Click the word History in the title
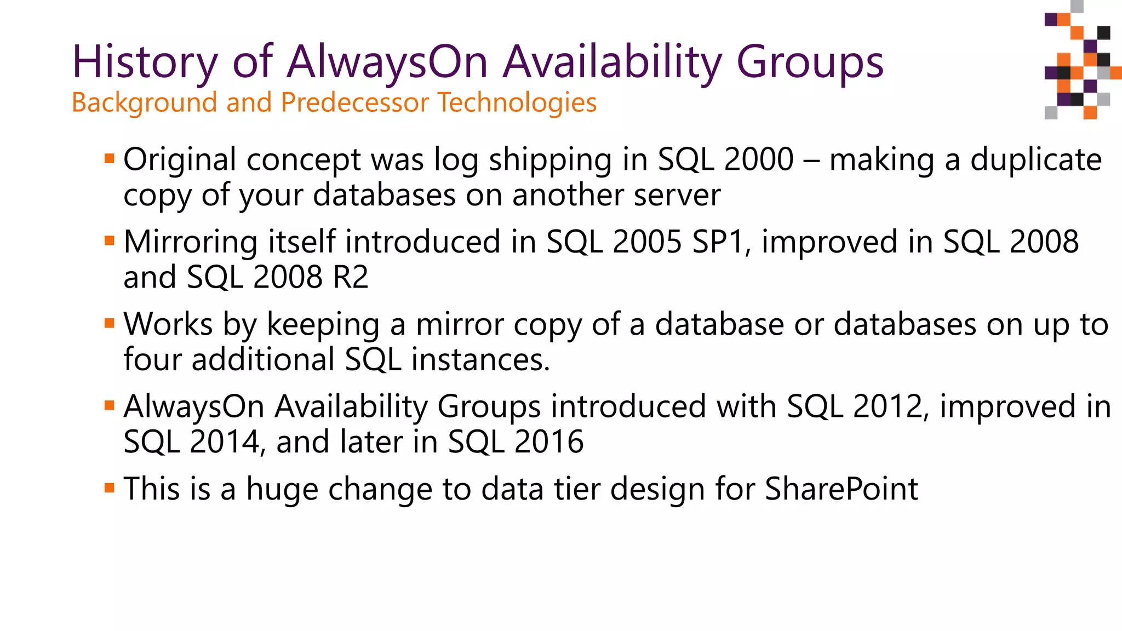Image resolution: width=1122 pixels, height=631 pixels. (x=145, y=62)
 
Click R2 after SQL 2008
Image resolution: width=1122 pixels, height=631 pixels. (x=351, y=277)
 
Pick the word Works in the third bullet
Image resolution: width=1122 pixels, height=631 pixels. (x=168, y=324)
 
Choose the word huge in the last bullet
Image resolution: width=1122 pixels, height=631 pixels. (x=282, y=490)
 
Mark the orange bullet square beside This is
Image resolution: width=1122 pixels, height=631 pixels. (x=109, y=487)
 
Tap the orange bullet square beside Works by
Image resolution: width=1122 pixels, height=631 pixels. (x=109, y=323)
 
